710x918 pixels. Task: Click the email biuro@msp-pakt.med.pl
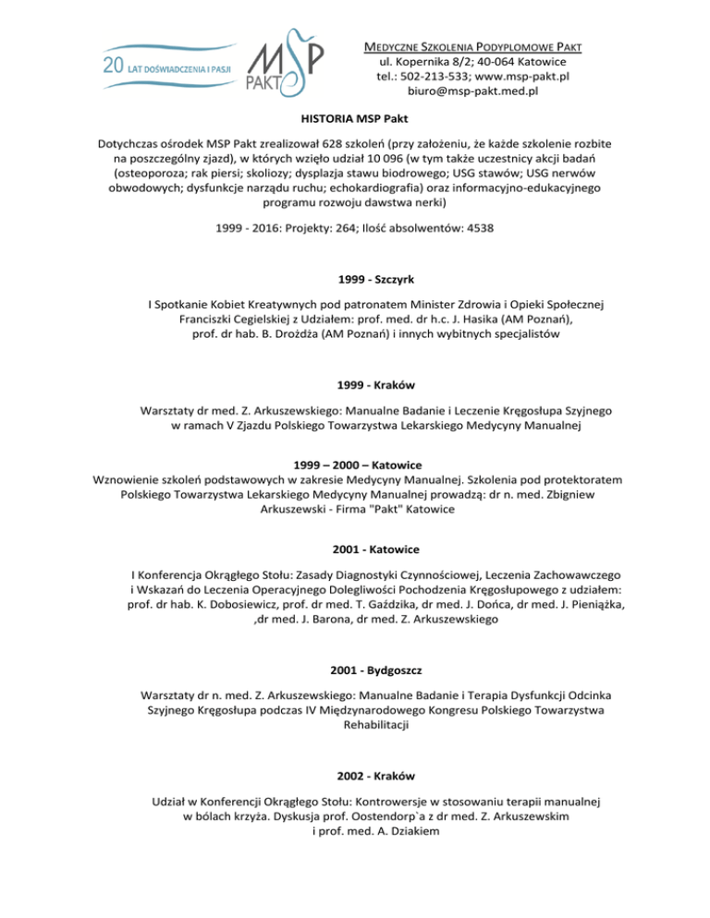tap(473, 91)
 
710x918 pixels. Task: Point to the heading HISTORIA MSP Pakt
tap(355, 119)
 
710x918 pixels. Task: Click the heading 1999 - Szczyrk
tap(355, 275)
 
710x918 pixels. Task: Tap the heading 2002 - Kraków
tap(355, 766)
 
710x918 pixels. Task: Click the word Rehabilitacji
tap(355, 726)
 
